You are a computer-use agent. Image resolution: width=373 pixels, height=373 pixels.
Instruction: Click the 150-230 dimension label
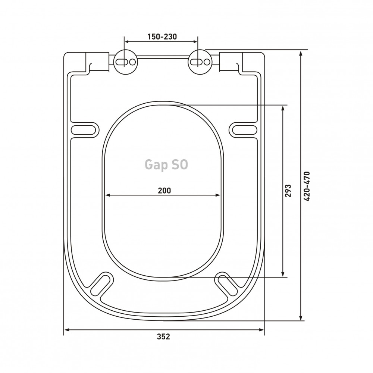tap(162, 37)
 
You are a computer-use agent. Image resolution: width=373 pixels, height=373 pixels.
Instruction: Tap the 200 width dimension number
tap(164, 191)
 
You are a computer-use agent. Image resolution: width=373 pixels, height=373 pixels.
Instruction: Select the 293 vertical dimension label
tap(288, 191)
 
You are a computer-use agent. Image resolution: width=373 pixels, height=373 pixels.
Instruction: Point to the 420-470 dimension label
tap(307, 186)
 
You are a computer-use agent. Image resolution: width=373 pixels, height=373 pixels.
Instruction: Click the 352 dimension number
tap(163, 336)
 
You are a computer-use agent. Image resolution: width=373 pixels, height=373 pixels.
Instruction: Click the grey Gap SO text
tap(166, 164)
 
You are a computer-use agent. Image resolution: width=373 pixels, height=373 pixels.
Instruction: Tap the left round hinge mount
tap(126, 62)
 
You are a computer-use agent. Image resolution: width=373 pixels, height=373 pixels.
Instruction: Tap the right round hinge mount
tap(200, 62)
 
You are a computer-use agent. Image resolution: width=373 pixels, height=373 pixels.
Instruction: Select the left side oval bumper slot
tap(83, 130)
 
